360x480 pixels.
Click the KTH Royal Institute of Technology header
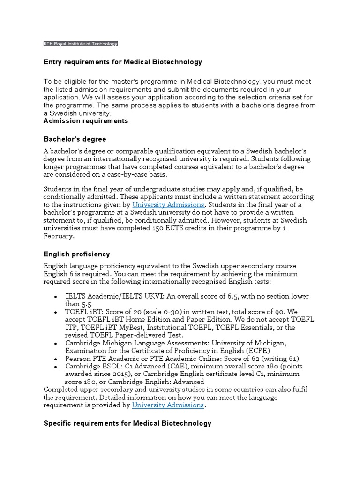(x=80, y=44)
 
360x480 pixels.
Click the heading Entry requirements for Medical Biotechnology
(x=122, y=62)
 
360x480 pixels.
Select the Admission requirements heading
(x=85, y=120)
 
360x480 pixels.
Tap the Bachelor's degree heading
(x=75, y=139)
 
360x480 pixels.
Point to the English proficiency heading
(x=76, y=254)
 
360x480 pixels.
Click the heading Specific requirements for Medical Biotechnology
(x=127, y=423)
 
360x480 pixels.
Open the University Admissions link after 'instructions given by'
(x=168, y=205)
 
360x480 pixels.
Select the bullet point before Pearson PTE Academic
(x=56, y=359)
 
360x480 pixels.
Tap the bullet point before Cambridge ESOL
(x=56, y=366)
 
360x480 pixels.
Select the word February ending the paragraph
(x=58, y=236)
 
